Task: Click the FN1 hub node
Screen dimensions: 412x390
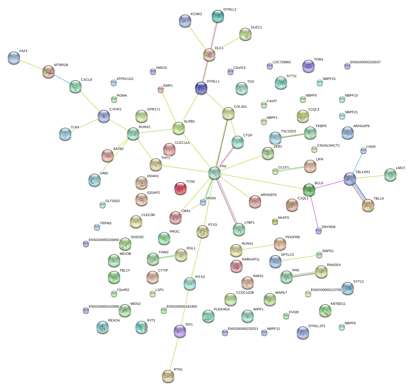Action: tap(214, 173)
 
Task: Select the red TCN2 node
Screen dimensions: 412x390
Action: tap(181, 188)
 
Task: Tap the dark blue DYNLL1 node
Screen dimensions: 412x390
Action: tap(201, 88)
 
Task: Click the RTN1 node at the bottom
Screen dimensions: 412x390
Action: tap(168, 376)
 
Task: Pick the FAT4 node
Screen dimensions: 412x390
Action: tap(14, 58)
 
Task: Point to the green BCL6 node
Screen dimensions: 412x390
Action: tap(309, 189)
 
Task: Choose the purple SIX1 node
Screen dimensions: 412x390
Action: tap(180, 331)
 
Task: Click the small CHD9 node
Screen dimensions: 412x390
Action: tap(363, 151)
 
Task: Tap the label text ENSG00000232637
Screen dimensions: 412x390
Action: tap(365, 62)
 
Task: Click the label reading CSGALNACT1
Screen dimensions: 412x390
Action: tap(328, 145)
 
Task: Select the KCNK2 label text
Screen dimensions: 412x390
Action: tap(196, 14)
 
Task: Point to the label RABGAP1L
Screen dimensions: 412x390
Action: tap(251, 259)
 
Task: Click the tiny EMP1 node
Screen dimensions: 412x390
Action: tap(161, 89)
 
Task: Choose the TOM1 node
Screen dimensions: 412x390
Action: tap(308, 66)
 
